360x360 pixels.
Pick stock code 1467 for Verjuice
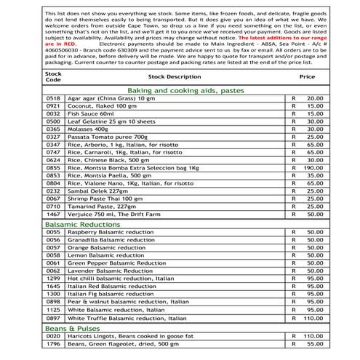(x=53, y=215)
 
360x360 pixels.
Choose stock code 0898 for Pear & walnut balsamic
(x=53, y=302)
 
